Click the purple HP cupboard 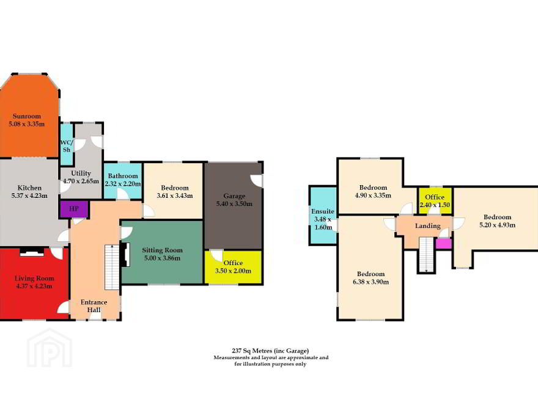[74, 209]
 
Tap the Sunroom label [27, 116]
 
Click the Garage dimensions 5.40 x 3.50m [234, 203]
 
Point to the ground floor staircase [112, 267]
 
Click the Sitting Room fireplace [125, 255]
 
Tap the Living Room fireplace [32, 252]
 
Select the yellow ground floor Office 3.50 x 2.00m [234, 267]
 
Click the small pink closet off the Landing [443, 244]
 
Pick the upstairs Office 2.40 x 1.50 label [435, 201]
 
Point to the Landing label [428, 226]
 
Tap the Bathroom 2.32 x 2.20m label [123, 180]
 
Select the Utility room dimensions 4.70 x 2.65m [81, 181]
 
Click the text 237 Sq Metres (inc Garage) [270, 351]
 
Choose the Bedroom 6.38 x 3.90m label [371, 278]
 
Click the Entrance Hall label [94, 306]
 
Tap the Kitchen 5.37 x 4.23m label [29, 192]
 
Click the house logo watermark [50, 348]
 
